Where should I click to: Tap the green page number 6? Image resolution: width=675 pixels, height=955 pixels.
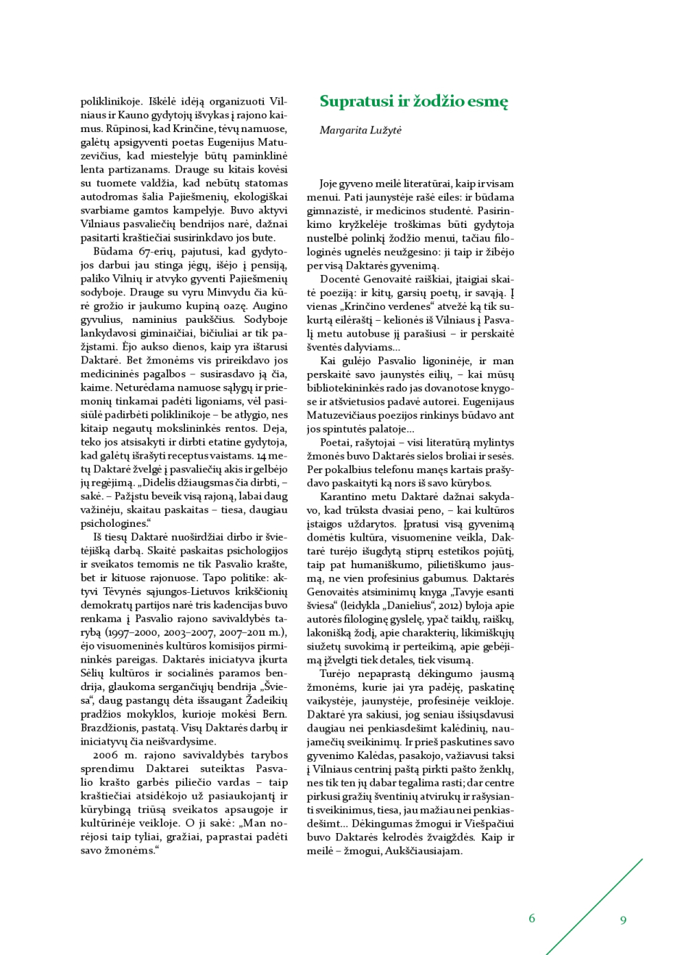pos(531,919)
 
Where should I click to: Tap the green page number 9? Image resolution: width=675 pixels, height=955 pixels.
pos(623,920)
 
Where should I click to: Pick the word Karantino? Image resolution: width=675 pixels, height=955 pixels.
pos(344,496)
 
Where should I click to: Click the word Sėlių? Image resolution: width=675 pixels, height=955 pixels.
pos(93,673)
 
